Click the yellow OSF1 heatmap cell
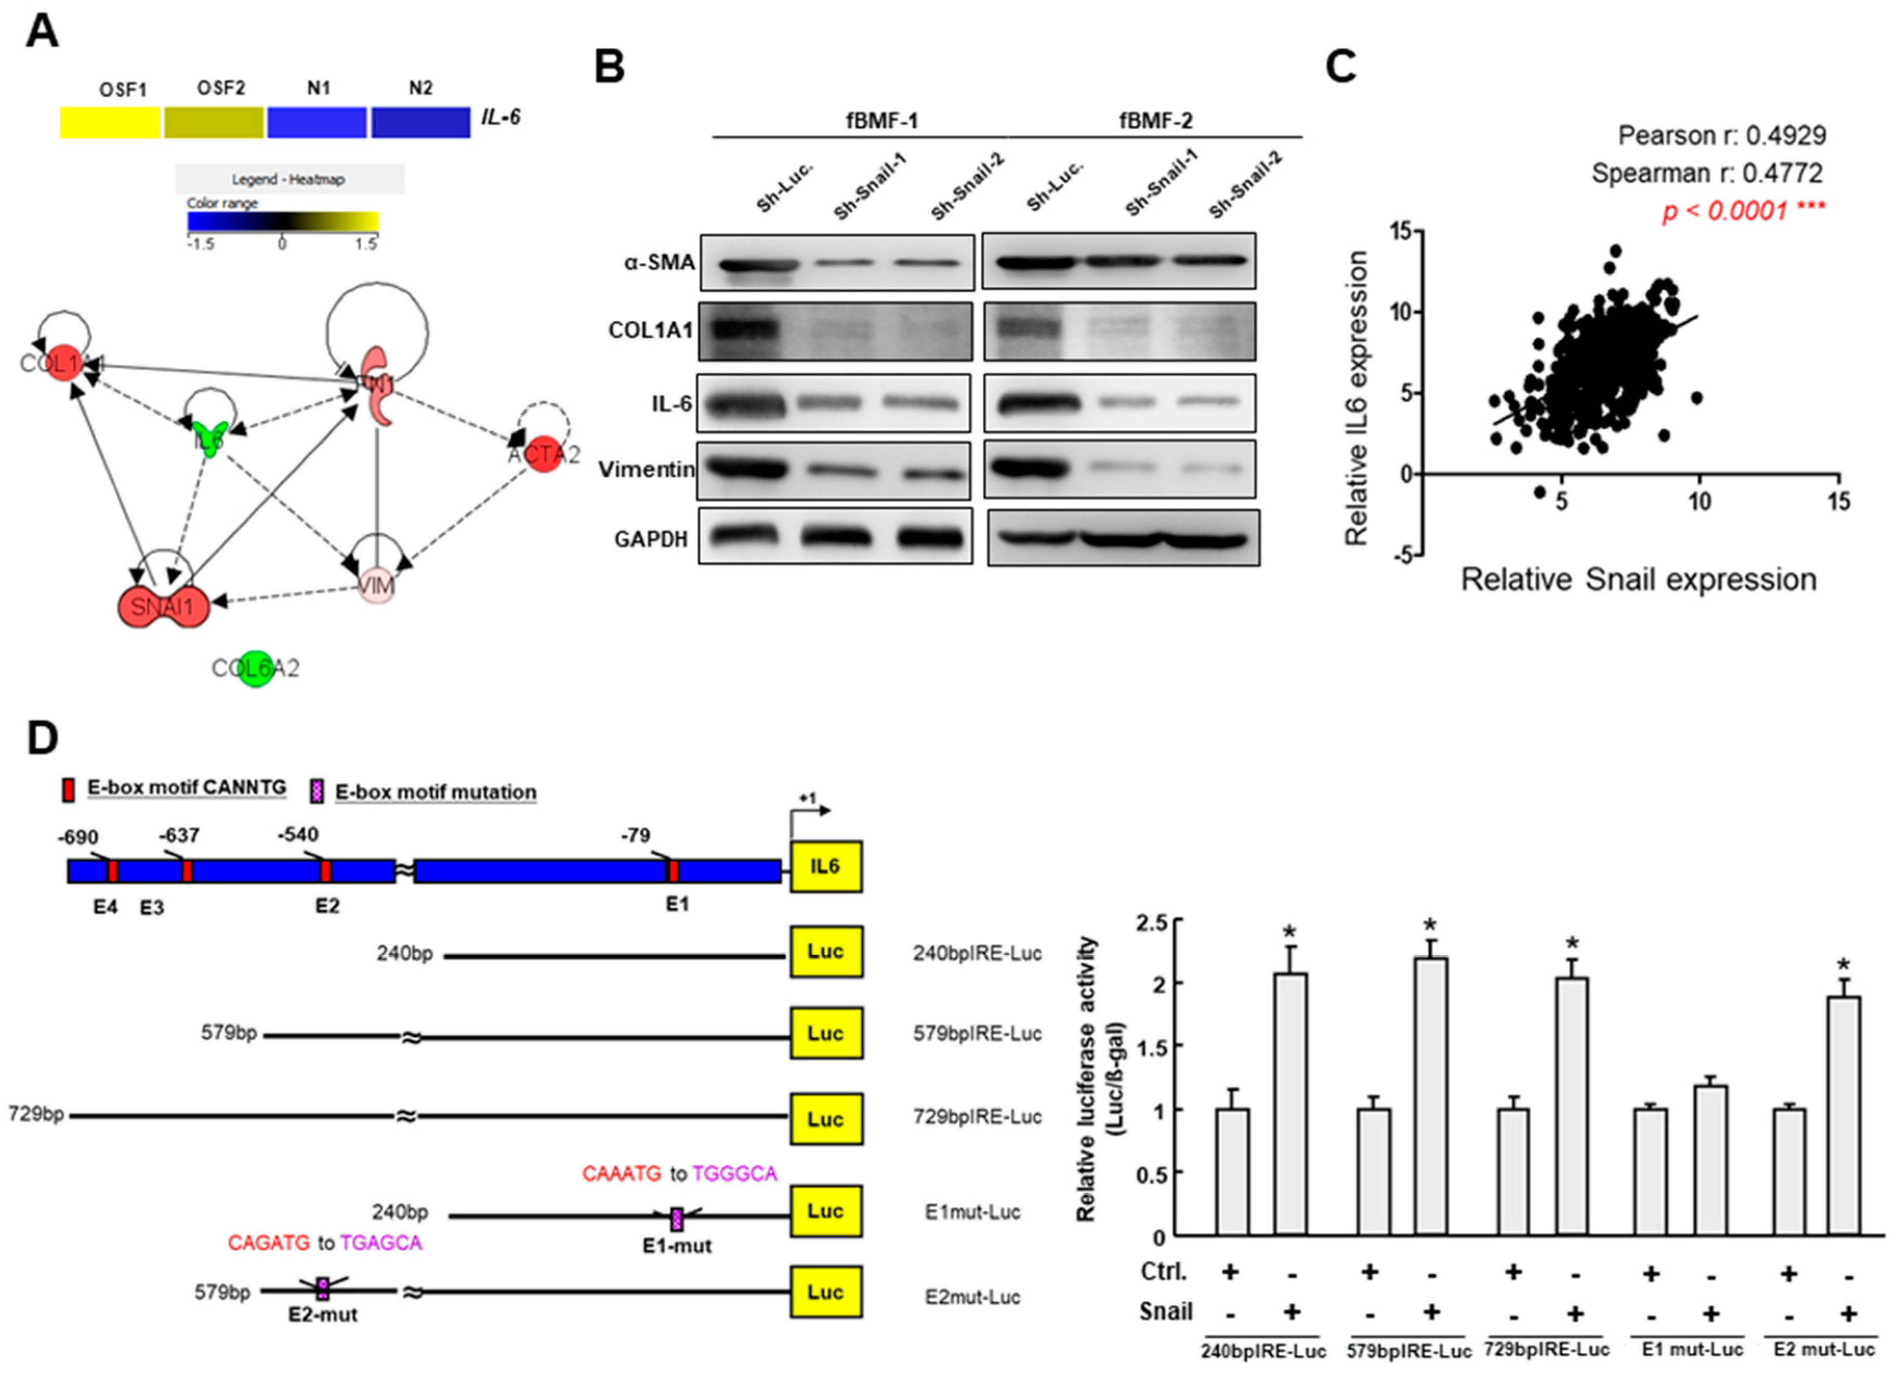click(x=110, y=122)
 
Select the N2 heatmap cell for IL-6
click(x=421, y=122)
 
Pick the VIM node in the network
click(x=376, y=586)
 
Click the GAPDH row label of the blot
click(x=651, y=539)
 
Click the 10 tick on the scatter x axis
click(x=1699, y=502)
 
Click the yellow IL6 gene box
click(x=825, y=866)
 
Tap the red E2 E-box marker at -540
click(x=325, y=870)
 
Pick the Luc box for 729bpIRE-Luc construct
click(x=825, y=1119)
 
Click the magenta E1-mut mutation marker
click(x=677, y=1220)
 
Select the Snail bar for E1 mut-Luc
click(x=1710, y=1160)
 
